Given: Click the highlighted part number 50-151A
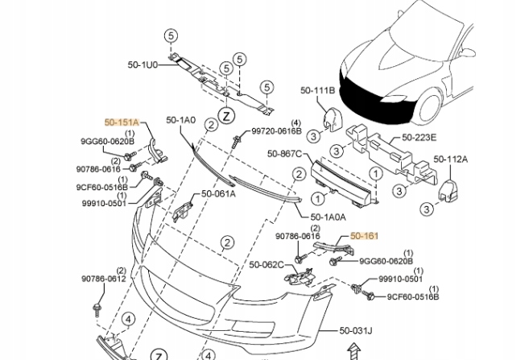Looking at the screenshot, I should (x=122, y=122).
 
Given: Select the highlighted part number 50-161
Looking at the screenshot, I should (x=364, y=235).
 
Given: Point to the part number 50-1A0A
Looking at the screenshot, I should (x=328, y=217).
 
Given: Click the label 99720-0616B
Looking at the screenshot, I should (x=275, y=130).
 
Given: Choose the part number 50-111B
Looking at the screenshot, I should (x=317, y=90).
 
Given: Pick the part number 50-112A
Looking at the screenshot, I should (x=451, y=159).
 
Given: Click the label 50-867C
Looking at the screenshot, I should (x=284, y=154).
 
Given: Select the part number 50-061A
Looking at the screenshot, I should (x=218, y=193).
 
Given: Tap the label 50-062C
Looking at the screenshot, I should (x=266, y=264).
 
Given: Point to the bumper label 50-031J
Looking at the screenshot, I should (x=355, y=329).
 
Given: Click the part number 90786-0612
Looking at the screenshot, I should (x=103, y=279).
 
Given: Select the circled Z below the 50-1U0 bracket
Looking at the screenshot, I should (x=227, y=116).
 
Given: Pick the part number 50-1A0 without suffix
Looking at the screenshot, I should (x=181, y=120).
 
